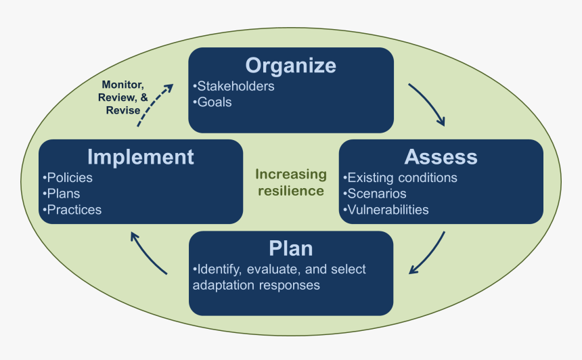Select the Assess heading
click(441, 157)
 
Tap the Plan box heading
click(291, 248)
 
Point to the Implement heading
click(141, 157)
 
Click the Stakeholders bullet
click(234, 87)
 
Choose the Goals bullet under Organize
click(213, 102)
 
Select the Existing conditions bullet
click(401, 178)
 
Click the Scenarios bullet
click(375, 194)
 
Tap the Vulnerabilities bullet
click(386, 210)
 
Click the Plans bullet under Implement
click(62, 194)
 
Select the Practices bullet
click(72, 210)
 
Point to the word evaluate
click(276, 269)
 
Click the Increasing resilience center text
click(291, 183)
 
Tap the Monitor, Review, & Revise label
click(122, 97)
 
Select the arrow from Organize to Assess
click(428, 105)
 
